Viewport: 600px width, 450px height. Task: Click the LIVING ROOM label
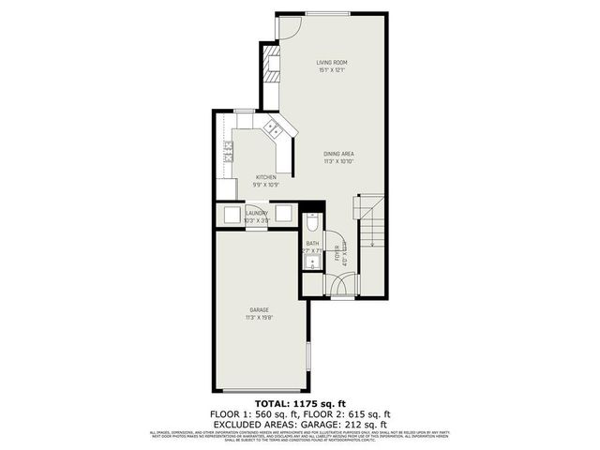[x=332, y=63]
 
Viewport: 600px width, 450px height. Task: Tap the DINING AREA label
[x=338, y=153]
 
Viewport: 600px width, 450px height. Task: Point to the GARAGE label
[x=259, y=309]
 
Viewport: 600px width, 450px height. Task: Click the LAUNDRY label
[x=257, y=214]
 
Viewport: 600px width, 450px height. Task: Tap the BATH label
[x=312, y=244]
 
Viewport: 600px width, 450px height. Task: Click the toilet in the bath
[x=312, y=222]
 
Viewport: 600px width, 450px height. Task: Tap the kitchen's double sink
[x=272, y=127]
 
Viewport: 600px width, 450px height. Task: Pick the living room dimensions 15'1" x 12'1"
[x=332, y=71]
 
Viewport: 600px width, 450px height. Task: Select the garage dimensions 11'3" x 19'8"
[x=259, y=318]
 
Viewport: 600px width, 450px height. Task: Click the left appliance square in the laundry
[x=232, y=213]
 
